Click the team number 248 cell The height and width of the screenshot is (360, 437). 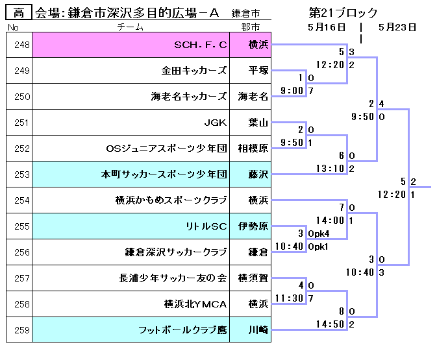pos(19,45)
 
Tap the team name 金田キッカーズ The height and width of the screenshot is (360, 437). pos(194,71)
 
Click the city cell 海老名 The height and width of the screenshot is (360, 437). pos(253,97)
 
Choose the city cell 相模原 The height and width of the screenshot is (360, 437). pos(253,149)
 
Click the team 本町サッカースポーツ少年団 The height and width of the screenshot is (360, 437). pos(164,174)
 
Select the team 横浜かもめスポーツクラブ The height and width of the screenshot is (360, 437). pos(171,200)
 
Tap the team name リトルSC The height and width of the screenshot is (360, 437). pos(206,226)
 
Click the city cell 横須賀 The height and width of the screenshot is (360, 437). pos(253,278)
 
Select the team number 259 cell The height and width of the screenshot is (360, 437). pos(19,330)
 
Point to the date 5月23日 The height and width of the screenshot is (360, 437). pos(397,27)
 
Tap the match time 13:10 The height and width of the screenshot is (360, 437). pos(329,169)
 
